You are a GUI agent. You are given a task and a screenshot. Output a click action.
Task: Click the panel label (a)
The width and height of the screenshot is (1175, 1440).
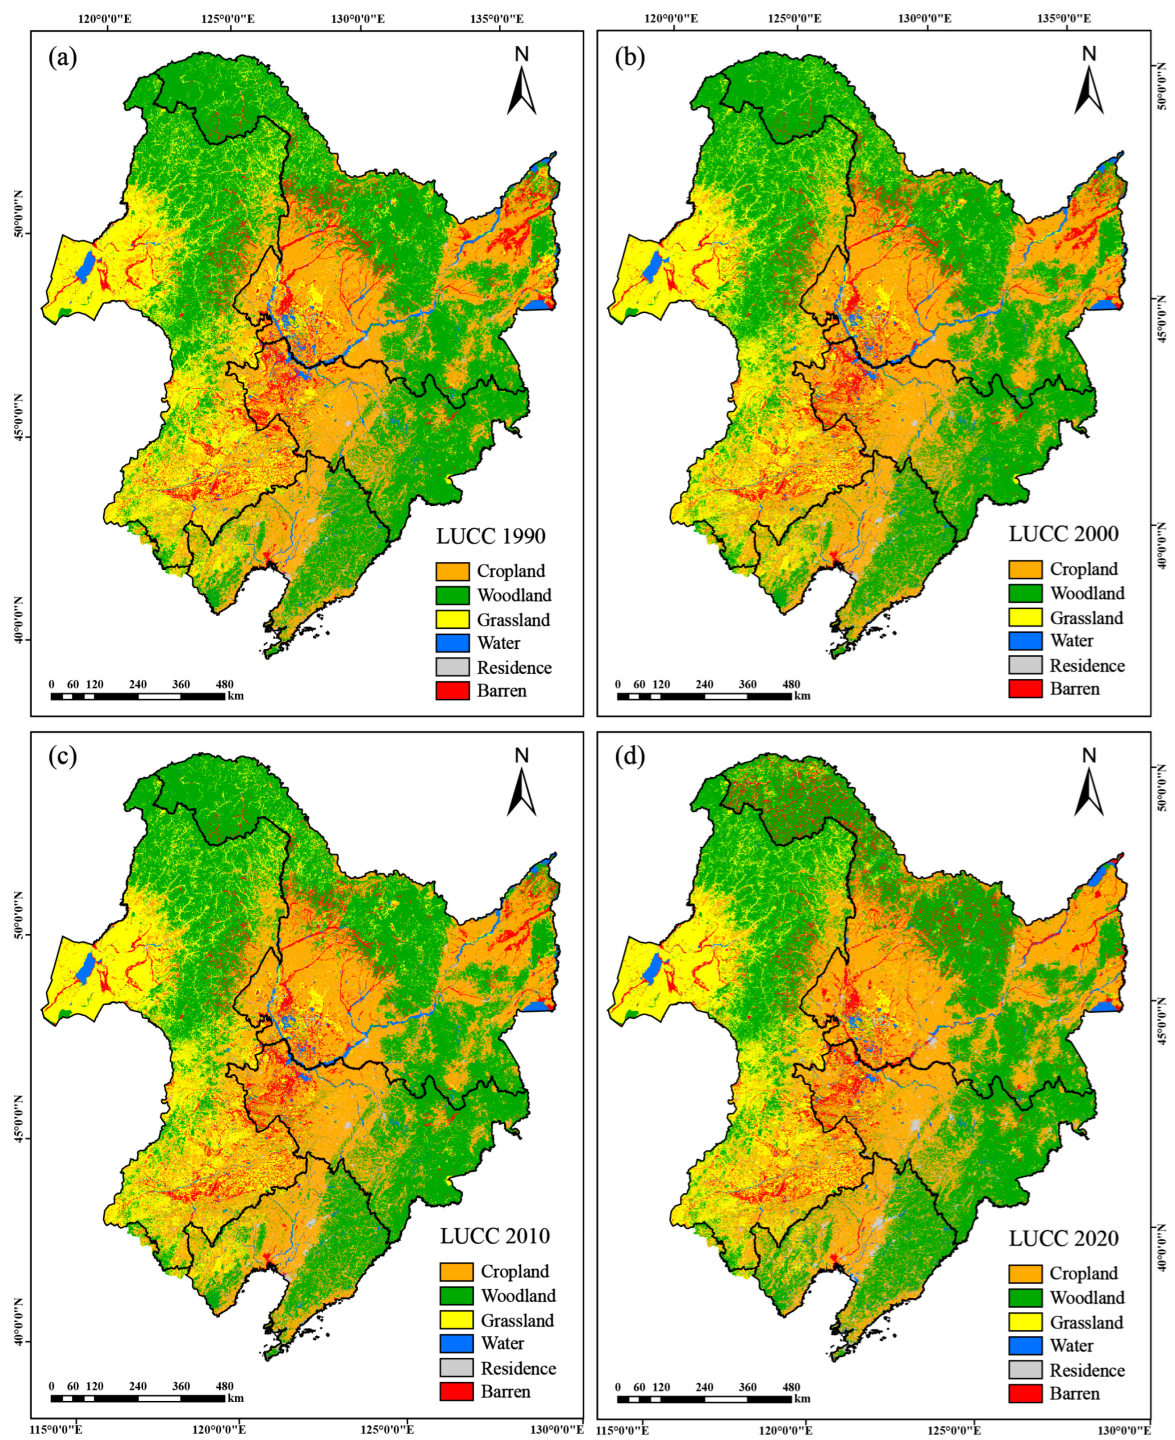[62, 59]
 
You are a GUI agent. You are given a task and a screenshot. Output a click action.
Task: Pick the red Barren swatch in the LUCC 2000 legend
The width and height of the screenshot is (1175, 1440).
[1025, 689]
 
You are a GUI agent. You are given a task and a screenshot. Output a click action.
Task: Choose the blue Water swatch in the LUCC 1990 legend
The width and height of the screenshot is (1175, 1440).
[452, 643]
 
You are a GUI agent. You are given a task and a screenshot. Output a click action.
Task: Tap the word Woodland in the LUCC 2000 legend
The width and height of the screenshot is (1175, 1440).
[1087, 594]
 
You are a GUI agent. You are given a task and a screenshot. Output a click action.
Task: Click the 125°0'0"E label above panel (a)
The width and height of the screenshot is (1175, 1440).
[228, 19]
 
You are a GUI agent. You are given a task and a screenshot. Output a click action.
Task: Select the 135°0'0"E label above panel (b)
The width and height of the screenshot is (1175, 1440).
[1064, 19]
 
